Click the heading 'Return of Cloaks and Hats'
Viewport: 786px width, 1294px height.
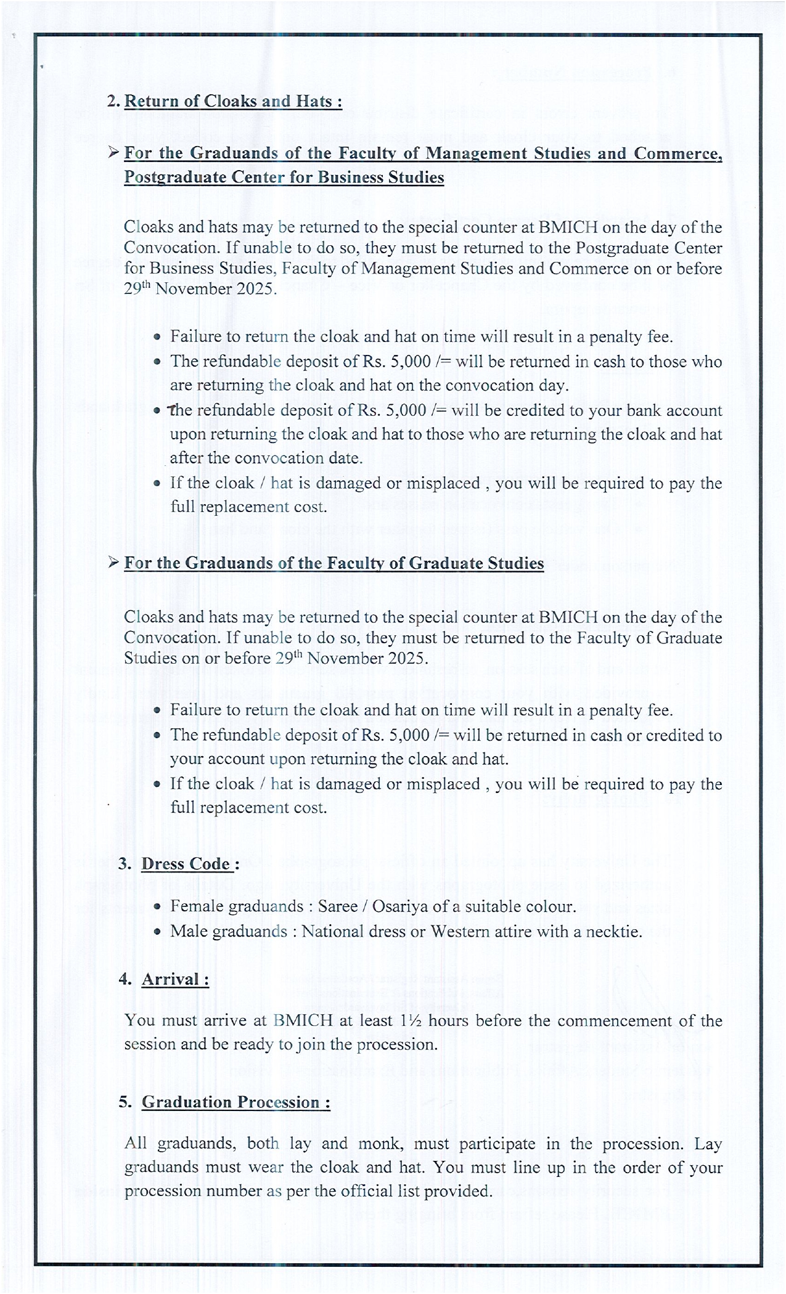[232, 101]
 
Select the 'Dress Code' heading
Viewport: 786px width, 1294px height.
[186, 864]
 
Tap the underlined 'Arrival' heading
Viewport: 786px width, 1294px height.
[174, 980]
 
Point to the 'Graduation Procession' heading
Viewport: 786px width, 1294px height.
[235, 1102]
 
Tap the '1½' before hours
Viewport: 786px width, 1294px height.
[410, 1020]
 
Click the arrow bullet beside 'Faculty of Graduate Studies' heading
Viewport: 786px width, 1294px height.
[113, 563]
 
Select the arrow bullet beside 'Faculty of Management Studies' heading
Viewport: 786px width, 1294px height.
[113, 152]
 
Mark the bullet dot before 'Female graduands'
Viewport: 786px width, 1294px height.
[158, 907]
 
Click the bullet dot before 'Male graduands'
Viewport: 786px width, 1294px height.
[158, 932]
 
